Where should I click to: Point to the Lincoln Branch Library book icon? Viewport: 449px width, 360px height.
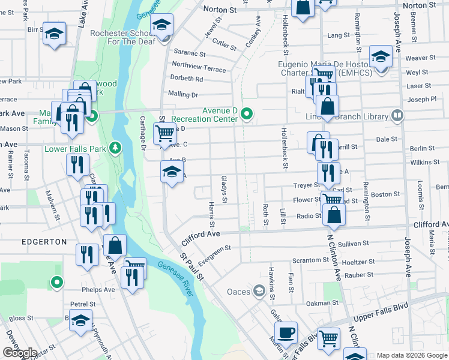(x=396, y=115)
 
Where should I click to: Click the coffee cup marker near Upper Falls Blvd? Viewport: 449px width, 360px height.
(x=286, y=332)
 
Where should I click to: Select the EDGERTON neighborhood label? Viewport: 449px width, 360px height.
(x=44, y=241)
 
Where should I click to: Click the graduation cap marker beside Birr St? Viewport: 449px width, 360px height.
(x=55, y=35)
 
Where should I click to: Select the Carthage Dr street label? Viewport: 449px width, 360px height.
(x=143, y=133)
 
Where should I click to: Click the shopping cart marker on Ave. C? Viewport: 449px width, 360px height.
(x=164, y=133)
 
